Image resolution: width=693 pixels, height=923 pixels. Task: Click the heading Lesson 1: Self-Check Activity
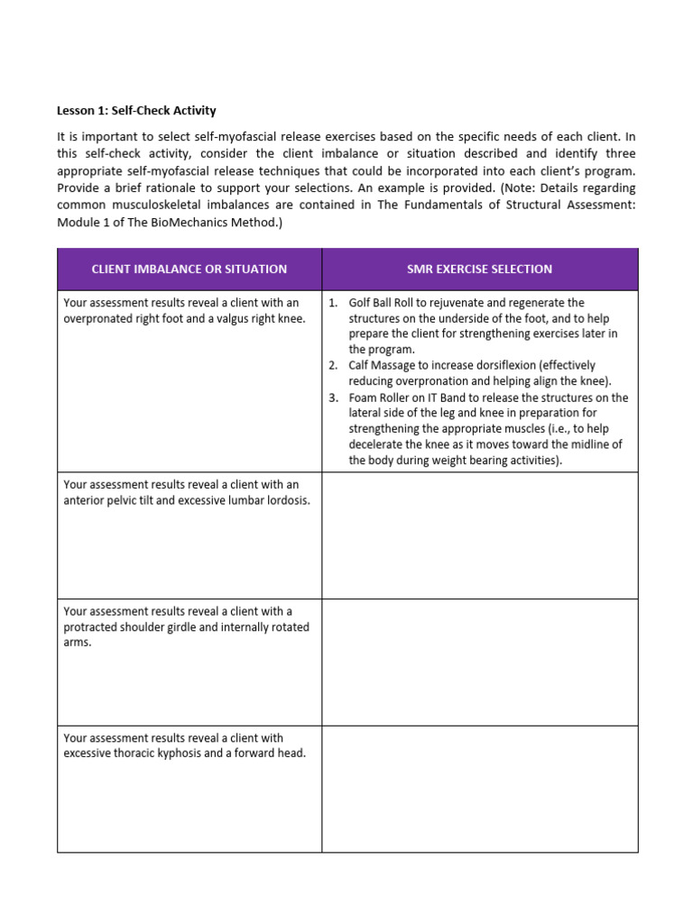pos(136,111)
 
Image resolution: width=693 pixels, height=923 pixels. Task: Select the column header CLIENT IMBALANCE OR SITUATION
pos(189,269)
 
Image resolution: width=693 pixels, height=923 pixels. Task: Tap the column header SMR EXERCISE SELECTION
pos(480,269)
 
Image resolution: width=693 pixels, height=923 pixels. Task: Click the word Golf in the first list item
pos(361,303)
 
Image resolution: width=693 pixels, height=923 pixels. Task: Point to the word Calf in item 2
pos(360,365)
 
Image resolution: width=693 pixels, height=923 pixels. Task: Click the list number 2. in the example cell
pos(333,365)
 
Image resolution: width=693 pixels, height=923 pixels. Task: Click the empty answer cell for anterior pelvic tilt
pos(480,535)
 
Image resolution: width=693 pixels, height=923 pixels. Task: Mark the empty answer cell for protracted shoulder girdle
pos(480,663)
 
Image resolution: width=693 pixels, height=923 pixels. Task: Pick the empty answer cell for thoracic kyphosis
pos(480,789)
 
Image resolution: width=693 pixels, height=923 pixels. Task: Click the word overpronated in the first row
pos(97,318)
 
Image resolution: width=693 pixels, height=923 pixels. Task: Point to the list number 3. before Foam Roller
pos(333,398)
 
